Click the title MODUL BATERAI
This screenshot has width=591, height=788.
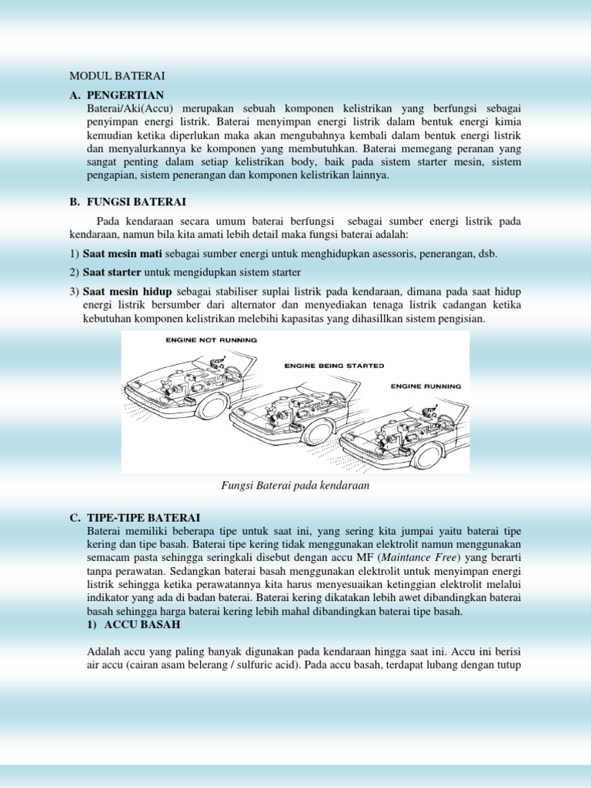tap(118, 75)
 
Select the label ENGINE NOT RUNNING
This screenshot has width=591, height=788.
tap(211, 339)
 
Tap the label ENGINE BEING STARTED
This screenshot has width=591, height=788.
tap(335, 366)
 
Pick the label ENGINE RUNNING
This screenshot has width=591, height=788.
tap(426, 386)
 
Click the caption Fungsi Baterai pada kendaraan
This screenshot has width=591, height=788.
tap(295, 485)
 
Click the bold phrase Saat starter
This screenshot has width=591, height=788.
tap(112, 272)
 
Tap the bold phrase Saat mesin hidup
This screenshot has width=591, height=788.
tap(127, 292)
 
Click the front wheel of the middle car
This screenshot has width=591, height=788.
tap(318, 432)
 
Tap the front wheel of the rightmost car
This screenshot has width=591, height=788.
tap(425, 457)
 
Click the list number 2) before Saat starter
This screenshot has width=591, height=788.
tap(75, 272)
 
